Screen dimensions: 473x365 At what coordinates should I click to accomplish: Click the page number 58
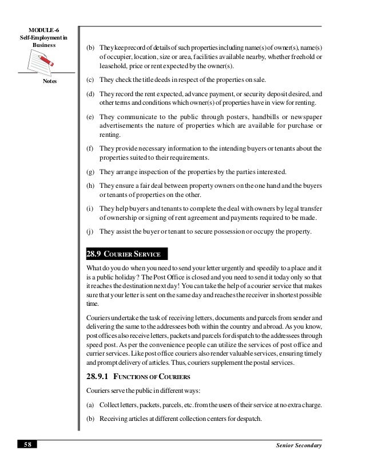pyautogui.click(x=26, y=446)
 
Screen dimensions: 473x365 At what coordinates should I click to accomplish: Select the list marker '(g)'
pyautogui.click(x=90, y=171)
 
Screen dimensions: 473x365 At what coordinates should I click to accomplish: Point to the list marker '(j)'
pyautogui.click(x=90, y=231)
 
